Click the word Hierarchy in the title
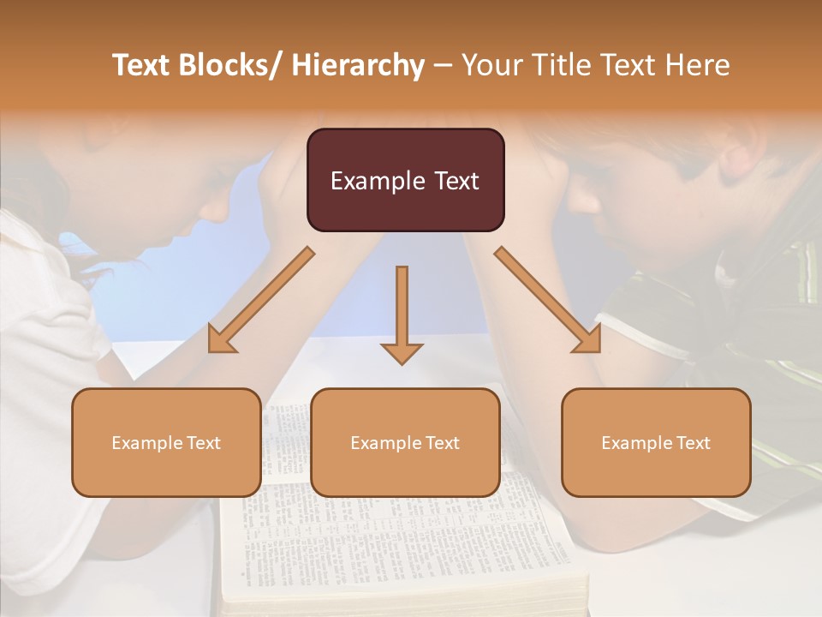pyautogui.click(x=358, y=65)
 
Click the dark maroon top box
pyautogui.click(x=405, y=180)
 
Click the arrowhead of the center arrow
pyautogui.click(x=402, y=353)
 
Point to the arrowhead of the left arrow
pyautogui.click(x=222, y=340)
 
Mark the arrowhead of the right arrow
pyautogui.click(x=587, y=340)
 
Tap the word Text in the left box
pyautogui.click(x=205, y=443)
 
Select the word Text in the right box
pyautogui.click(x=694, y=443)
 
